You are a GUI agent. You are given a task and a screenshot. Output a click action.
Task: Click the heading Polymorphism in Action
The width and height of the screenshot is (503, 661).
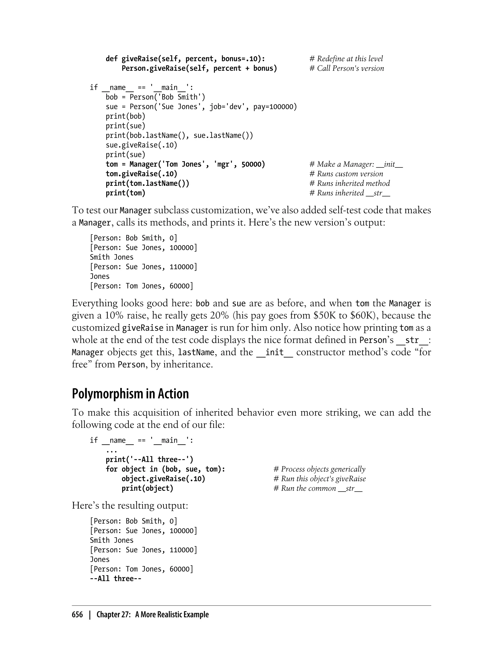130,394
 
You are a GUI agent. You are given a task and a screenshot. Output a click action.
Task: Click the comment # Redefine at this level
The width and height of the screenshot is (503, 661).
346,59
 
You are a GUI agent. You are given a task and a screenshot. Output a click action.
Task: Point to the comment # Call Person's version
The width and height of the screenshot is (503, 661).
346,68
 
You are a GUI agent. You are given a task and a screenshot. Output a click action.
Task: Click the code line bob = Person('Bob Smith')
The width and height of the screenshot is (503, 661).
155,97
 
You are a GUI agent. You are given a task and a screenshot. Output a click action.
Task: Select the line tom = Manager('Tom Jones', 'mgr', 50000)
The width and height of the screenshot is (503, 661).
185,164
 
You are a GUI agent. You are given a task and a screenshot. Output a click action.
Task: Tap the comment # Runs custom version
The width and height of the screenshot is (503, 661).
346,174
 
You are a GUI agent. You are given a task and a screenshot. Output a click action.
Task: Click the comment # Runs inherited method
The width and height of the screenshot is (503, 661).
349,183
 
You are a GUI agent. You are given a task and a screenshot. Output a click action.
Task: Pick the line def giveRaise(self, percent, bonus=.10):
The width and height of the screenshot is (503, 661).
185,59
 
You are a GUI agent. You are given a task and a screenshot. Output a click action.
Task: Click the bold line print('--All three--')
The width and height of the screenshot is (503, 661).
149,460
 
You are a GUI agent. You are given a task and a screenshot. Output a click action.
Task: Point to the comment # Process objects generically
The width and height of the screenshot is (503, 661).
319,469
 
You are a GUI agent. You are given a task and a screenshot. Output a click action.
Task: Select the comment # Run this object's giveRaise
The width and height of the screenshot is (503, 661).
319,479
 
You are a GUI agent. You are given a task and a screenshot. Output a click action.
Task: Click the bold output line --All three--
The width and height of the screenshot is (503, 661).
116,579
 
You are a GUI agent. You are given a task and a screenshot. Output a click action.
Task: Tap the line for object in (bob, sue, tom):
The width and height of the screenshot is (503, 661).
165,469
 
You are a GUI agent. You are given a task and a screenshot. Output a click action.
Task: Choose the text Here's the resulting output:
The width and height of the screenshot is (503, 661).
130,505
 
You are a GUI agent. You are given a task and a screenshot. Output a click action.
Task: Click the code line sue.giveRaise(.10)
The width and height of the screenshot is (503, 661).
141,145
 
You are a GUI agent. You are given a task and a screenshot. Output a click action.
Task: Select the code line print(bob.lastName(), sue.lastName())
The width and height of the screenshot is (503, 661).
179,135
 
